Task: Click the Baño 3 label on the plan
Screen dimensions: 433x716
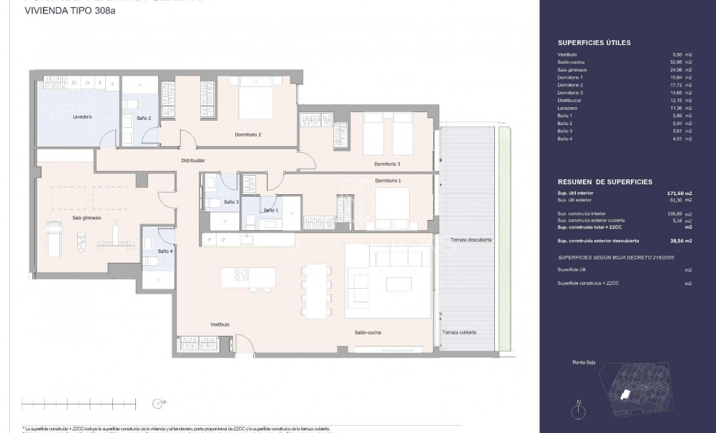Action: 230,202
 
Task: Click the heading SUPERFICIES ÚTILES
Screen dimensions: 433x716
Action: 593,43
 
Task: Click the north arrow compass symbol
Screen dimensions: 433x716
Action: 577,409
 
